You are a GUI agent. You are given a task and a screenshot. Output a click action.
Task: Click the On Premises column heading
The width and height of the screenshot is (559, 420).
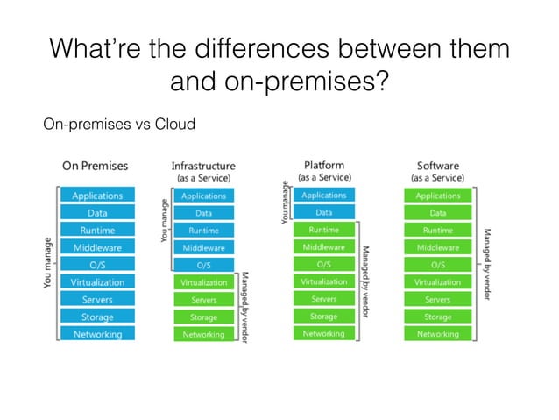tap(96, 166)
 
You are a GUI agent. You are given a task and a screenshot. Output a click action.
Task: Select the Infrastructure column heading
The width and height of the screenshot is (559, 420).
tap(202, 166)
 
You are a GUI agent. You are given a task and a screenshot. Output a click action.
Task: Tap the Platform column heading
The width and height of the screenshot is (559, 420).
tap(323, 165)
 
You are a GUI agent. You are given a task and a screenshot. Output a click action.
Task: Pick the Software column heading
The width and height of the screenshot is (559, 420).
tap(437, 165)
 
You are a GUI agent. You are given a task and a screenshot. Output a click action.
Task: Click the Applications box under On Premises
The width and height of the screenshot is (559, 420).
tap(97, 196)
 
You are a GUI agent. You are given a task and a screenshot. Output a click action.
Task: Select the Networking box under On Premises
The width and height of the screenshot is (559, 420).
tap(97, 334)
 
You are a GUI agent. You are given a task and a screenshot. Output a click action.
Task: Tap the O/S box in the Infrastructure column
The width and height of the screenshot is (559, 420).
tap(203, 264)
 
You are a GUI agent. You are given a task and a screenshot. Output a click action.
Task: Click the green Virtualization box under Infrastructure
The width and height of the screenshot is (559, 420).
tap(203, 282)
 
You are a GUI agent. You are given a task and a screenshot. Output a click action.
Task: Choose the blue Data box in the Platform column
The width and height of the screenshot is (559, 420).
tap(323, 212)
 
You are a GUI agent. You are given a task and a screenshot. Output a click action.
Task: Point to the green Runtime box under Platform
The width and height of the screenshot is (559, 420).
tap(323, 230)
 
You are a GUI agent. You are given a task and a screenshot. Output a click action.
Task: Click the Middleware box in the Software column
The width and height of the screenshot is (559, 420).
tap(437, 247)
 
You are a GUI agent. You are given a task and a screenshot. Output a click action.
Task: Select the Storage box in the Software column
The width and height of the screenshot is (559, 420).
tap(437, 317)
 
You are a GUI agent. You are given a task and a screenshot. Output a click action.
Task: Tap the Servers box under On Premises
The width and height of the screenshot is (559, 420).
tap(97, 300)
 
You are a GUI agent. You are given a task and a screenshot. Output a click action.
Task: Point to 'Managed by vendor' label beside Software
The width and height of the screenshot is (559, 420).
tap(487, 263)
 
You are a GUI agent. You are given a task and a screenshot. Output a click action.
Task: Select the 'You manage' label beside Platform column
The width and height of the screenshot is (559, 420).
tap(284, 202)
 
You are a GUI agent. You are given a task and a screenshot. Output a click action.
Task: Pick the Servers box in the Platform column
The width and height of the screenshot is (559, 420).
tap(323, 299)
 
